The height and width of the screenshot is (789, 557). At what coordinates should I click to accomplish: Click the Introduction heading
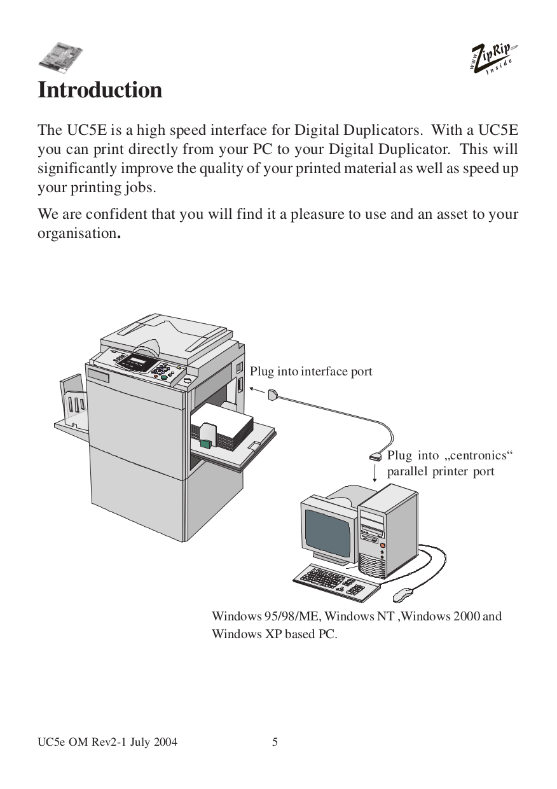point(100,90)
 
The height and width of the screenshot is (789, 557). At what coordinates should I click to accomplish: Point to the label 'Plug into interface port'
point(311,371)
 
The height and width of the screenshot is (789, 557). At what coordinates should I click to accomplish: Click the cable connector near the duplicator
point(273,394)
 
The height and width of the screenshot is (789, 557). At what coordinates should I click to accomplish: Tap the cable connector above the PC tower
point(376,456)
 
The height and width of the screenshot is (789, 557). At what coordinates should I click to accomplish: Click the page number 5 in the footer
point(275,742)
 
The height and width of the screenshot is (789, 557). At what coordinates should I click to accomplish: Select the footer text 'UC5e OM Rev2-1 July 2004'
point(107,742)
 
